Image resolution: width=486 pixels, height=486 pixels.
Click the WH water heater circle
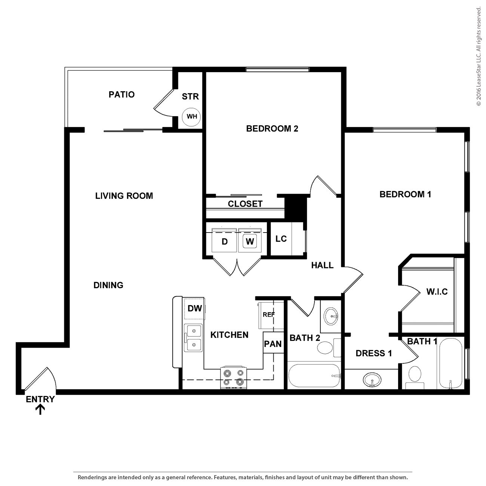(191, 117)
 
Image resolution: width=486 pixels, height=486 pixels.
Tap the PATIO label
(121, 95)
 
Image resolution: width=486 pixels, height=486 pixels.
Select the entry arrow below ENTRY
(40, 410)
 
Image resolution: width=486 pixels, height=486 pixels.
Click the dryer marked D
(224, 241)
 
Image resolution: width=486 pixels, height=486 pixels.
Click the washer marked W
(250, 241)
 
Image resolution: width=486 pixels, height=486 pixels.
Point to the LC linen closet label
(281, 239)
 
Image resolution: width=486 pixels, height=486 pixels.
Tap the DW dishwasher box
(194, 308)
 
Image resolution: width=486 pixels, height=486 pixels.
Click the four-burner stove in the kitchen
(234, 378)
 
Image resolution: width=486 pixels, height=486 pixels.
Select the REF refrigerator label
(268, 315)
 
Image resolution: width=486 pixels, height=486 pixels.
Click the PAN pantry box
(273, 344)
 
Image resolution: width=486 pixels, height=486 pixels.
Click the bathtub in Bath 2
(314, 376)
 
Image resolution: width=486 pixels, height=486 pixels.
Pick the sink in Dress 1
(372, 380)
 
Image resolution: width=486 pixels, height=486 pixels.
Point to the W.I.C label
(437, 292)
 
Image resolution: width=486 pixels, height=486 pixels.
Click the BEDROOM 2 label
(272, 129)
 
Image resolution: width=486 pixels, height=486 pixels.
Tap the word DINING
(108, 285)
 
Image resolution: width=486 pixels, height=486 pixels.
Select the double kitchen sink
(194, 338)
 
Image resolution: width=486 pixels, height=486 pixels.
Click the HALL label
(322, 265)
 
